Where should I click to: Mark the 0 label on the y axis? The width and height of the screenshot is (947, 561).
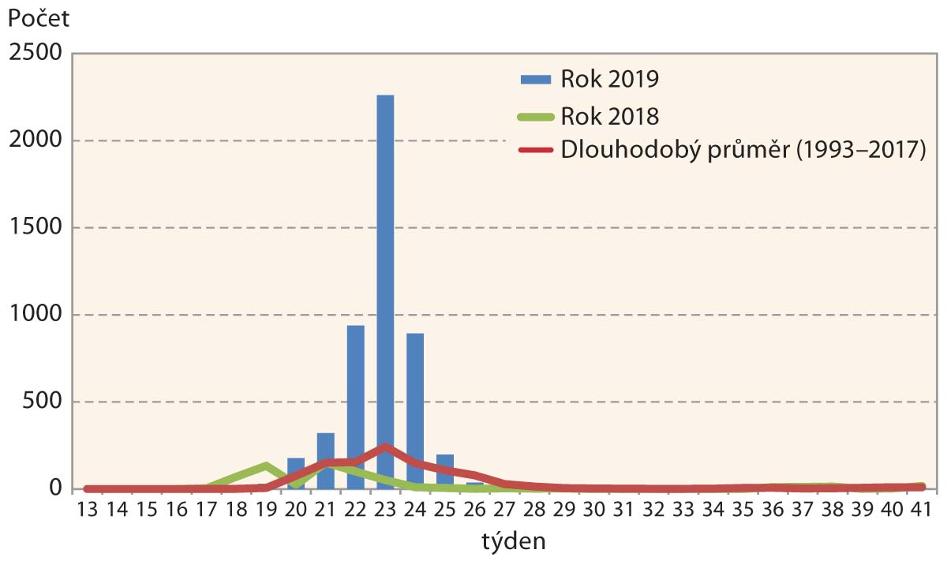(x=56, y=489)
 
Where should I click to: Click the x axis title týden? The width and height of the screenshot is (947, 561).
(x=503, y=543)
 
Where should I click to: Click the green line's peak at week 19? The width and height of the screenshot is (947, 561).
(x=266, y=466)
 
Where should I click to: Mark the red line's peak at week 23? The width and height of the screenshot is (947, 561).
(x=384, y=447)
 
